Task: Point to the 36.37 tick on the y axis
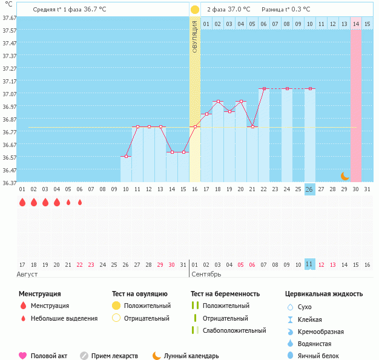(9, 182)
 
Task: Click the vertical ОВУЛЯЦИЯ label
(195, 36)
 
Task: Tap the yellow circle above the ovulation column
(194, 10)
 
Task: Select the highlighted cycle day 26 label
(309, 189)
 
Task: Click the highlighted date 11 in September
(309, 264)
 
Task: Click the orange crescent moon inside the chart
(344, 176)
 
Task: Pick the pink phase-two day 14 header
(356, 24)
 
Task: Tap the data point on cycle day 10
(126, 157)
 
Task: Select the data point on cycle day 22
(264, 88)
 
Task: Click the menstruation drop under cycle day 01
(22, 202)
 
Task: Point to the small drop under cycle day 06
(80, 202)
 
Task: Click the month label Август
(28, 274)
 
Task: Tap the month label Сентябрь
(207, 274)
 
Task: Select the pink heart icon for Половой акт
(23, 356)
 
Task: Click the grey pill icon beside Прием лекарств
(84, 356)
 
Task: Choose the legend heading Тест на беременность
(225, 294)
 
